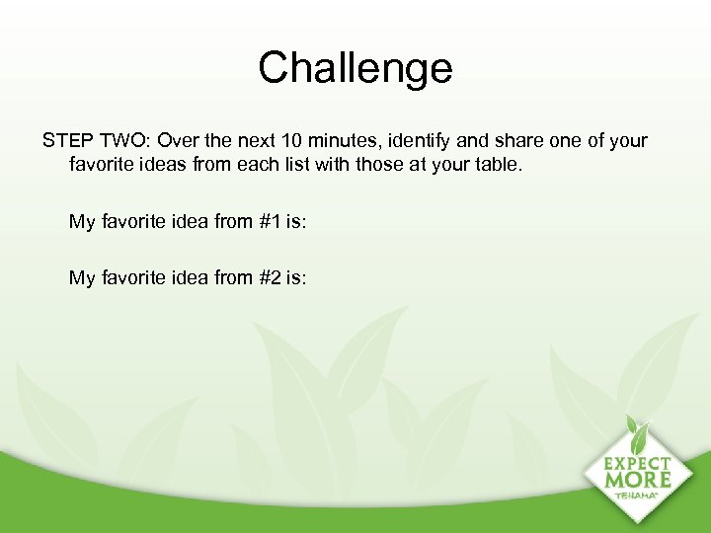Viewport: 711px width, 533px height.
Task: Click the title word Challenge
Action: tap(355, 68)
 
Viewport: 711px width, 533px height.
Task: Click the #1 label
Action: tap(272, 221)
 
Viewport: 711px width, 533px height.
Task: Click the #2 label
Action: tap(272, 277)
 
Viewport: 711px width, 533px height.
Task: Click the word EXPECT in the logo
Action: tap(638, 464)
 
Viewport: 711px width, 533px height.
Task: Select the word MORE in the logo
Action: tap(638, 481)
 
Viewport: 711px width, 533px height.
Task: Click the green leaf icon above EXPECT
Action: tap(637, 435)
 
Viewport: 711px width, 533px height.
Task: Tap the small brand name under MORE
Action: tap(638, 495)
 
